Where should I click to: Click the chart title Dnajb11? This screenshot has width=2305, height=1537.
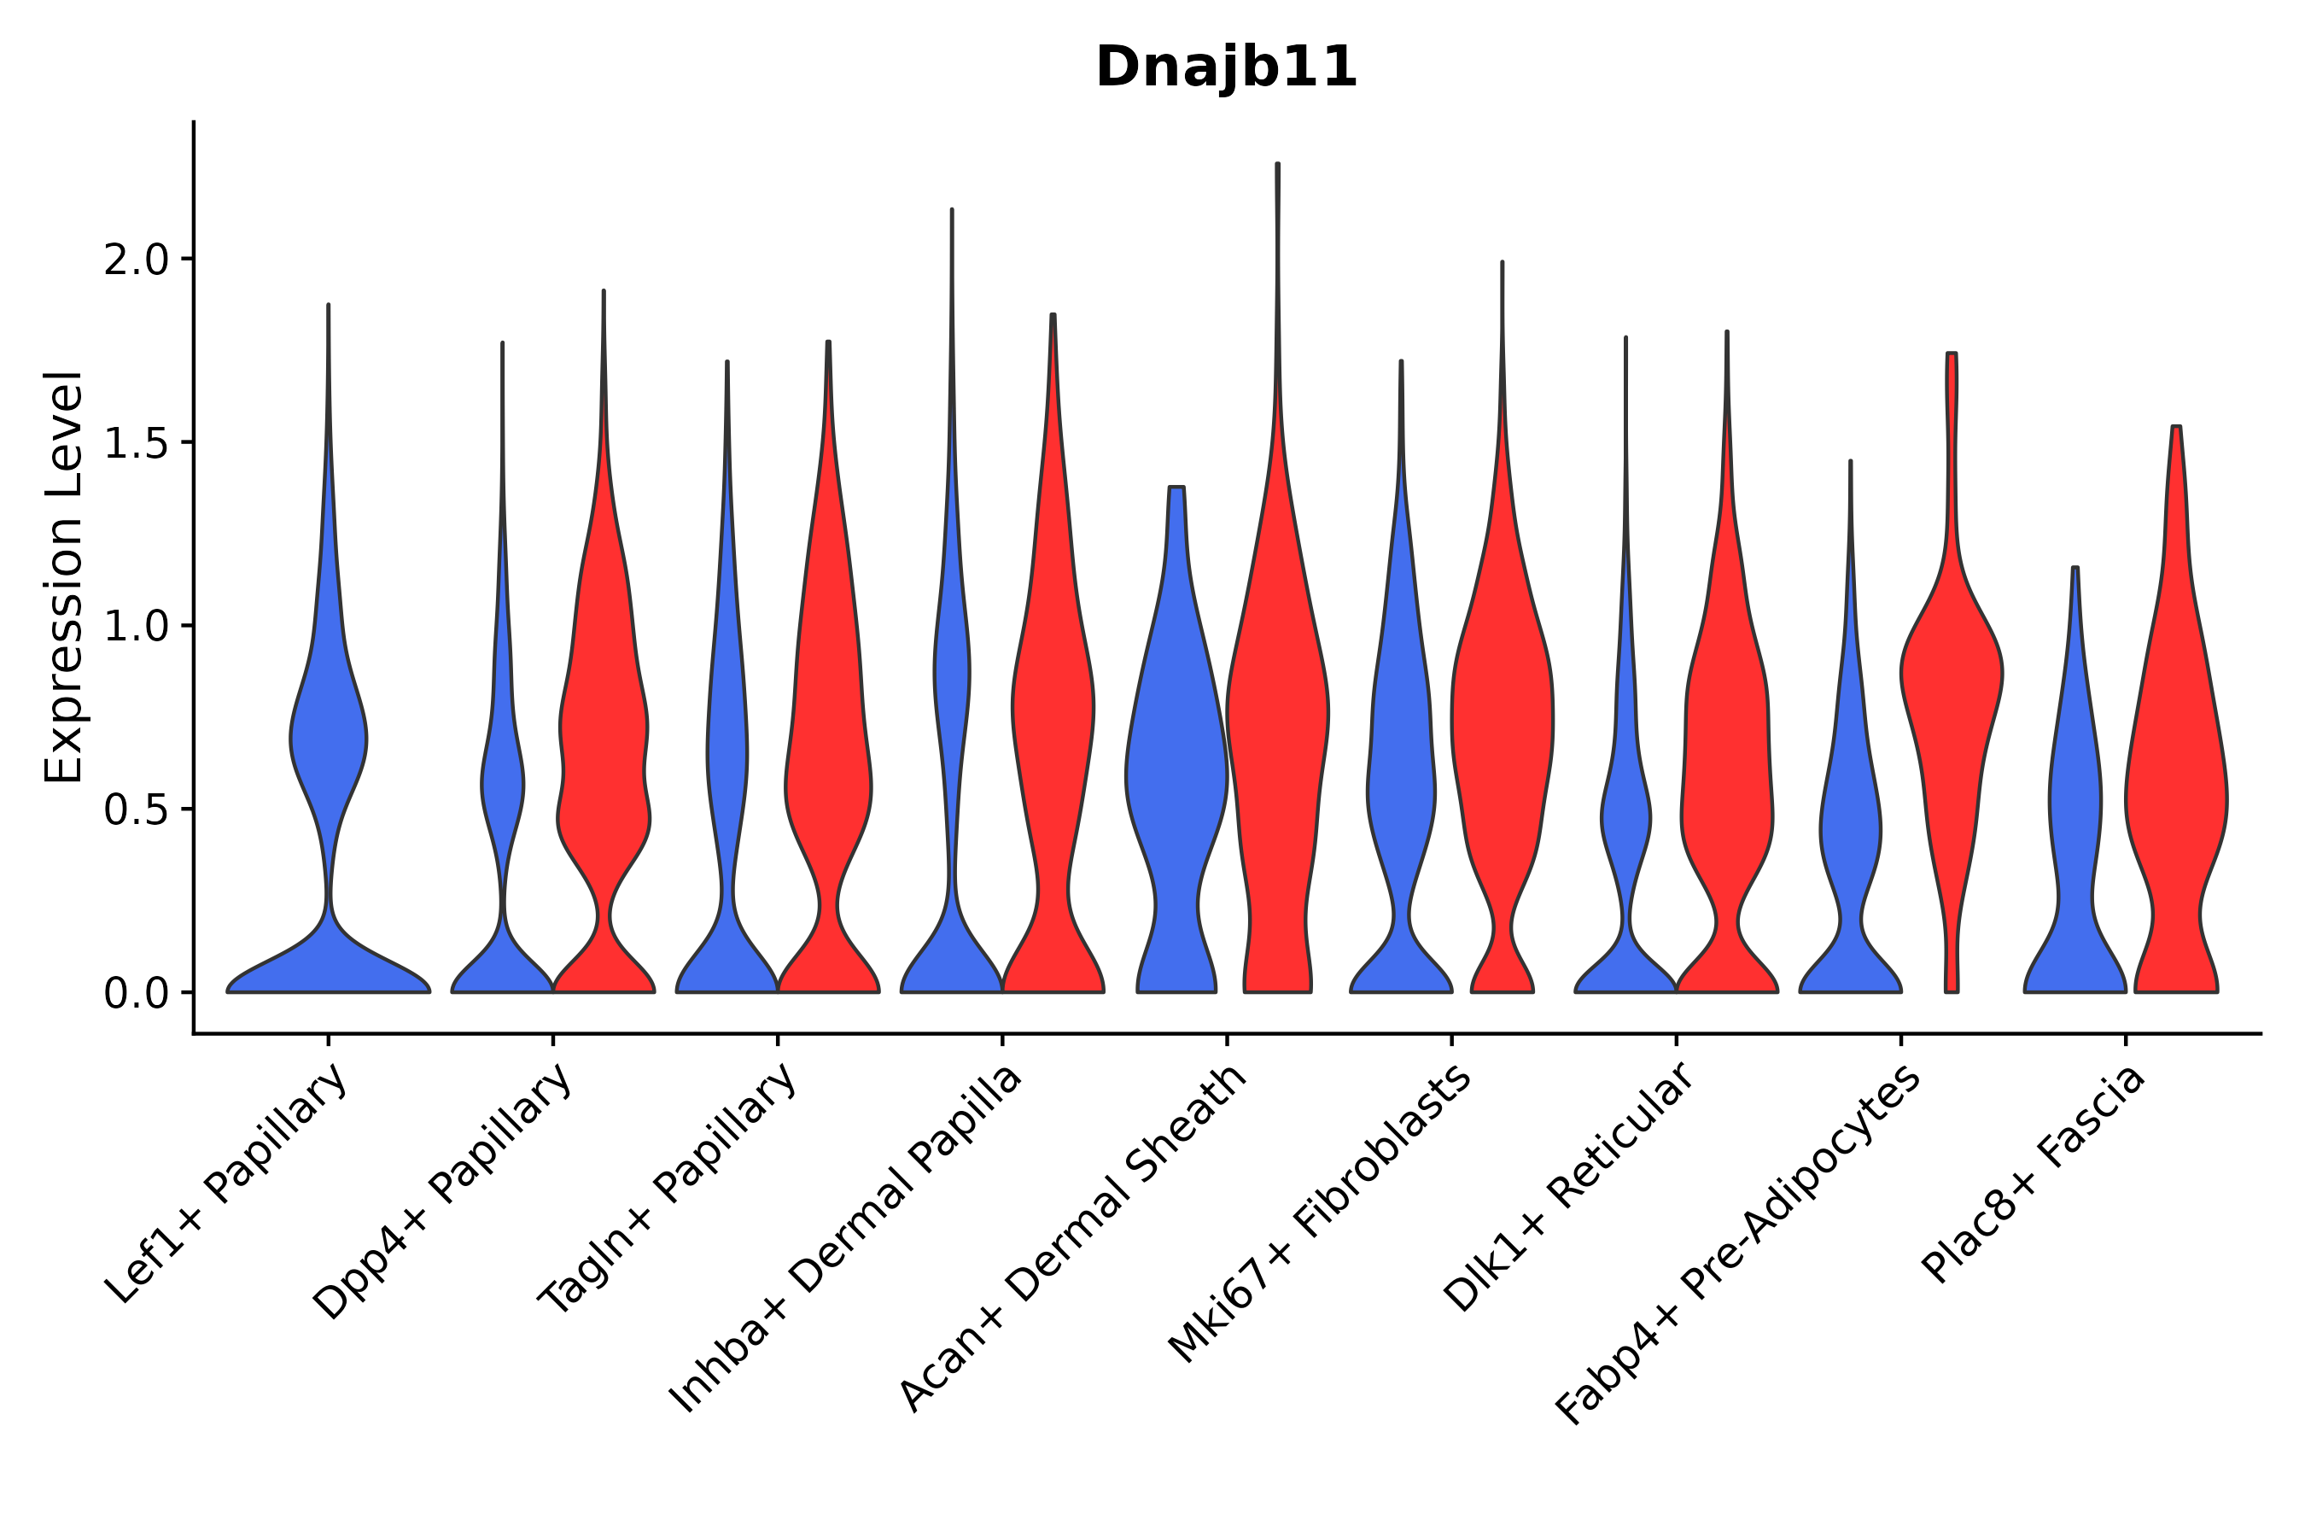click(1226, 67)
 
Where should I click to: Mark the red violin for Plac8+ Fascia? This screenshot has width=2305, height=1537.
click(2175, 784)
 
